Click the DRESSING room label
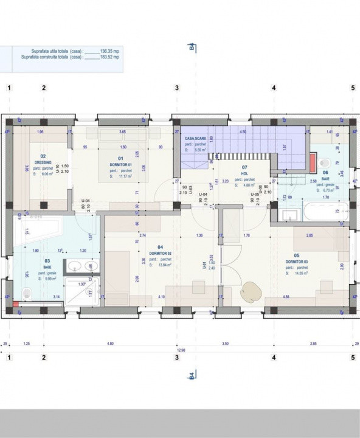pyautogui.click(x=43, y=162)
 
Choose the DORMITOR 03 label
pyautogui.click(x=297, y=262)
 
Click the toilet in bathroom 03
pyautogui.click(x=26, y=294)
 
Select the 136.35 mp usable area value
pyautogui.click(x=109, y=51)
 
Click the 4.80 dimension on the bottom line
pyautogui.click(x=110, y=344)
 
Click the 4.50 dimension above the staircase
pyautogui.click(x=243, y=131)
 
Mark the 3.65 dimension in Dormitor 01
pyautogui.click(x=122, y=131)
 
